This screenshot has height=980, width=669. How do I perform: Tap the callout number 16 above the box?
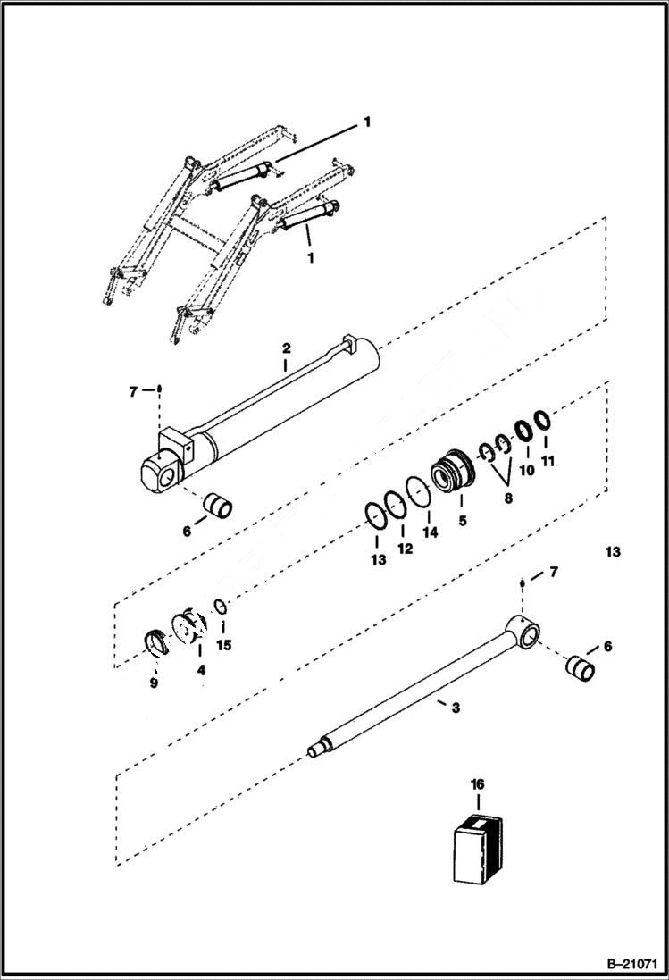[x=478, y=783]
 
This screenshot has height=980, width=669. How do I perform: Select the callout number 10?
[x=527, y=470]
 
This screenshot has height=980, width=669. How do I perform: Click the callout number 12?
[x=405, y=549]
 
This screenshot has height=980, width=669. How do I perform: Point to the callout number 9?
[x=154, y=683]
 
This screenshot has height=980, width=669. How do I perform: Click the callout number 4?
[x=200, y=669]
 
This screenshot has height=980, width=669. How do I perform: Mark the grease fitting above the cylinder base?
[x=159, y=389]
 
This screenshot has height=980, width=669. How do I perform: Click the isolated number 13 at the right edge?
[x=612, y=552]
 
